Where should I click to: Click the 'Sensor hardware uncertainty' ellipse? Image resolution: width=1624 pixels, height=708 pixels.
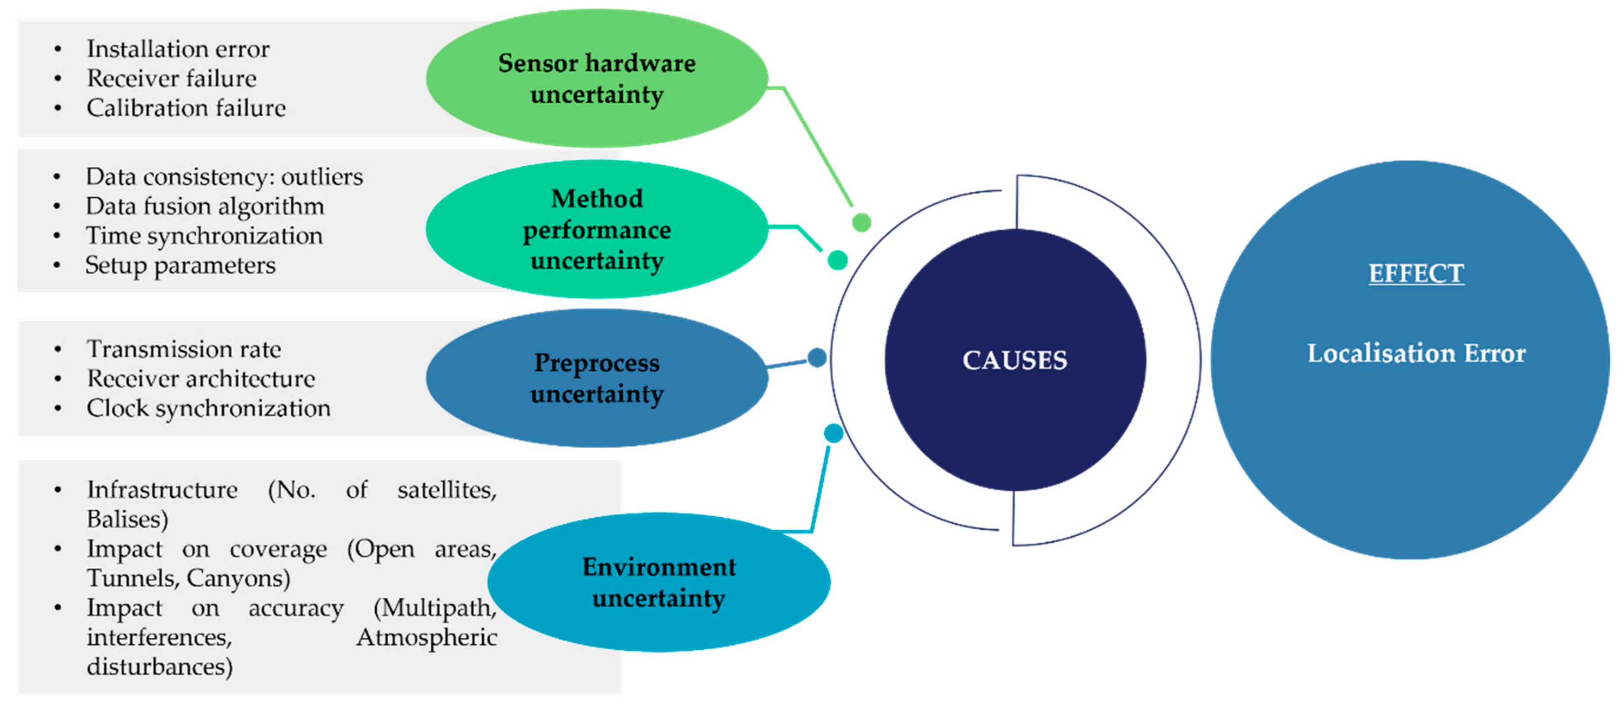(596, 78)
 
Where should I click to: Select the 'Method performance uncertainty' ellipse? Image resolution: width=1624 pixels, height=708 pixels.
(596, 229)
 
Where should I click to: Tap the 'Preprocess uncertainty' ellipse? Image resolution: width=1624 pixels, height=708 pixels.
(596, 377)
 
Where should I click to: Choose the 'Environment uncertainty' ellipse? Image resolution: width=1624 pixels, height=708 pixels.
(658, 582)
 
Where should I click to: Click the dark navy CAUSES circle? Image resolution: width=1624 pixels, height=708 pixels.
(1015, 360)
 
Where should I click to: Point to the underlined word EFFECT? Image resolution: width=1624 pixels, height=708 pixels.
(1415, 273)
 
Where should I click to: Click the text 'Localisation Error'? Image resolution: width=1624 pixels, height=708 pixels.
(1415, 354)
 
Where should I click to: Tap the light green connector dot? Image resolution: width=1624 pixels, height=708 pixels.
(861, 222)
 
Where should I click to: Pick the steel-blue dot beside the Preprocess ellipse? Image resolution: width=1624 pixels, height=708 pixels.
(817, 357)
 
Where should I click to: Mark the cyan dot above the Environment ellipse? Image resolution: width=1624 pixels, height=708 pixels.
(834, 433)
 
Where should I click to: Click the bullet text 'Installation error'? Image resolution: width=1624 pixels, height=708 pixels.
(178, 48)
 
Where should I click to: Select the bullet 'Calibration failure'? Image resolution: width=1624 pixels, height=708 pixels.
(186, 108)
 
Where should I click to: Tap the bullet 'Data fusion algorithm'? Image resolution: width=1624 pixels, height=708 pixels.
(205, 206)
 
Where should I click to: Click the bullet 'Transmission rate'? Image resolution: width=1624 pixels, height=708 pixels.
(184, 349)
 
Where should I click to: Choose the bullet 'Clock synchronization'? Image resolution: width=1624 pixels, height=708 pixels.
(208, 408)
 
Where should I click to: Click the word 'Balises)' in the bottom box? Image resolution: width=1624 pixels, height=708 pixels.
(127, 519)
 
